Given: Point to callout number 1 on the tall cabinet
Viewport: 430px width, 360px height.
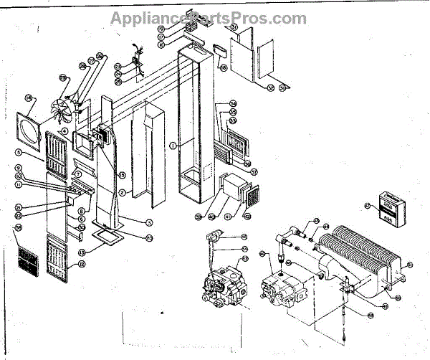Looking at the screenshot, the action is click(173, 145).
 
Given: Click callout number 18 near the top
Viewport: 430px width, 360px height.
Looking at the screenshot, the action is click(223, 68).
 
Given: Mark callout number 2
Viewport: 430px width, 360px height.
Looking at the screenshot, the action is click(123, 191).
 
